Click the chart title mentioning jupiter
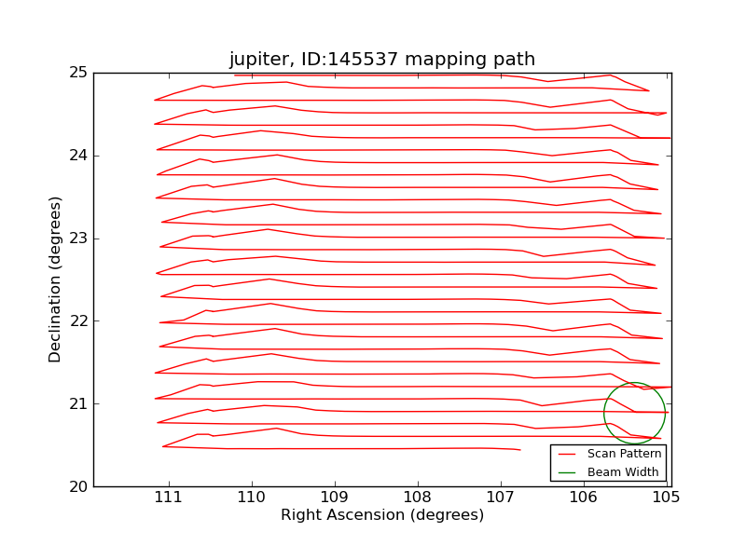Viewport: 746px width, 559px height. click(382, 60)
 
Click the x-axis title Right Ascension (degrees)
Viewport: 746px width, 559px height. click(382, 515)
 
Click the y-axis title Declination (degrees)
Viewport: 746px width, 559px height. click(56, 279)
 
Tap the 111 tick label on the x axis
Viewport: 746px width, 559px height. click(169, 497)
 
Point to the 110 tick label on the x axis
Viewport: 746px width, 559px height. click(252, 497)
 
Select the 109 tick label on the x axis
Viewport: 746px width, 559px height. click(335, 497)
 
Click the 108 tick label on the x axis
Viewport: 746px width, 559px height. click(418, 497)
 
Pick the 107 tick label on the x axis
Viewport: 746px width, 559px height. click(501, 497)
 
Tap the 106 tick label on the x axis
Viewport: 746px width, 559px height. click(584, 497)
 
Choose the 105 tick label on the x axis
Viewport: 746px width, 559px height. click(666, 497)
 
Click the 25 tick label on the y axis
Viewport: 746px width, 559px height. click(78, 73)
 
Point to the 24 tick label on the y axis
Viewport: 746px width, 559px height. click(78, 156)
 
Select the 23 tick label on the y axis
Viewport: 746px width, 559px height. click(78, 239)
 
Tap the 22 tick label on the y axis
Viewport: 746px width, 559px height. click(78, 321)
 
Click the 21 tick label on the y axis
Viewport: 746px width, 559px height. click(78, 403)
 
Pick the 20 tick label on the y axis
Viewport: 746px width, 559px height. click(78, 486)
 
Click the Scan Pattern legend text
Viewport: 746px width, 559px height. click(624, 454)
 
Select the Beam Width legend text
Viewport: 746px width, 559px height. click(623, 472)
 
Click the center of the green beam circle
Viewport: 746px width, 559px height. click(635, 413)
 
